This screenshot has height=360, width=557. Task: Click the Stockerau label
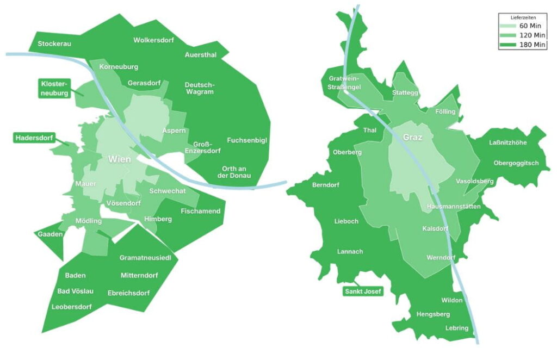pyautogui.click(x=54, y=44)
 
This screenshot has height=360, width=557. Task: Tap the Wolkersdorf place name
pyautogui.click(x=153, y=40)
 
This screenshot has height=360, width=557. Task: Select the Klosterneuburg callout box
pyautogui.click(x=54, y=89)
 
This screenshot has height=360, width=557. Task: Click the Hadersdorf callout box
pyautogui.click(x=34, y=138)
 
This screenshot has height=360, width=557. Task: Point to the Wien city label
pyautogui.click(x=119, y=159)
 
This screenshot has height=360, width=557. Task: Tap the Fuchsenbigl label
pyautogui.click(x=247, y=140)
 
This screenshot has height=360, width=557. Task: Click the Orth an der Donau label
pyautogui.click(x=234, y=172)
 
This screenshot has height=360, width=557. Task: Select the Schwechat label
pyautogui.click(x=168, y=191)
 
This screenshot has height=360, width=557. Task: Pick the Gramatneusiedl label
pyautogui.click(x=145, y=258)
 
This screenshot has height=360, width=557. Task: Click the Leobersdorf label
pyautogui.click(x=71, y=307)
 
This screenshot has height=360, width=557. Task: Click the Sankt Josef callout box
pyautogui.click(x=363, y=291)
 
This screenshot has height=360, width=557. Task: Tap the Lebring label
pyautogui.click(x=456, y=328)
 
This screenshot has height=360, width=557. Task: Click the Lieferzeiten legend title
pyautogui.click(x=522, y=17)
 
